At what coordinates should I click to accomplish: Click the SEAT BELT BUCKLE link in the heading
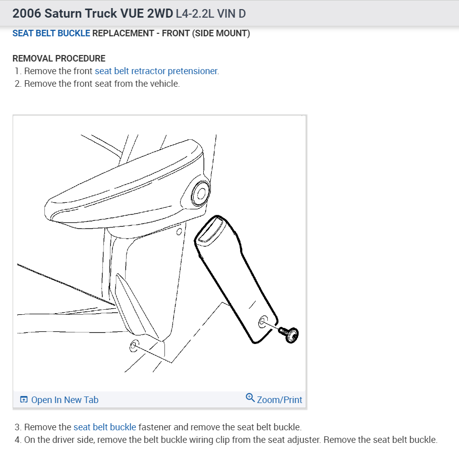point(51,33)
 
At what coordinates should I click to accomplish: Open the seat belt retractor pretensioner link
point(156,71)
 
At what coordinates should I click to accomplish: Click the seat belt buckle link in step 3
point(104,427)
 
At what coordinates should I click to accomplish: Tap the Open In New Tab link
point(65,400)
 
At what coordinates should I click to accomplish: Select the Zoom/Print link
point(279,400)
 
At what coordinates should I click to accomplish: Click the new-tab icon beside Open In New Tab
point(24,400)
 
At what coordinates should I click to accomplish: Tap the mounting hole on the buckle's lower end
point(263,322)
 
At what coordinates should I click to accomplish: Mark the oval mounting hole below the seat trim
point(134,346)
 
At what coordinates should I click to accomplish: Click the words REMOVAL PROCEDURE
point(59,59)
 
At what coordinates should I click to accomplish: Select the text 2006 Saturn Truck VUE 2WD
point(92,13)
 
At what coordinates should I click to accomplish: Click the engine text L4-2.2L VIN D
point(211,13)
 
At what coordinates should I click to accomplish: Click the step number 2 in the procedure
point(18,84)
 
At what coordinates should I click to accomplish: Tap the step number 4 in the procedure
point(18,439)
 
